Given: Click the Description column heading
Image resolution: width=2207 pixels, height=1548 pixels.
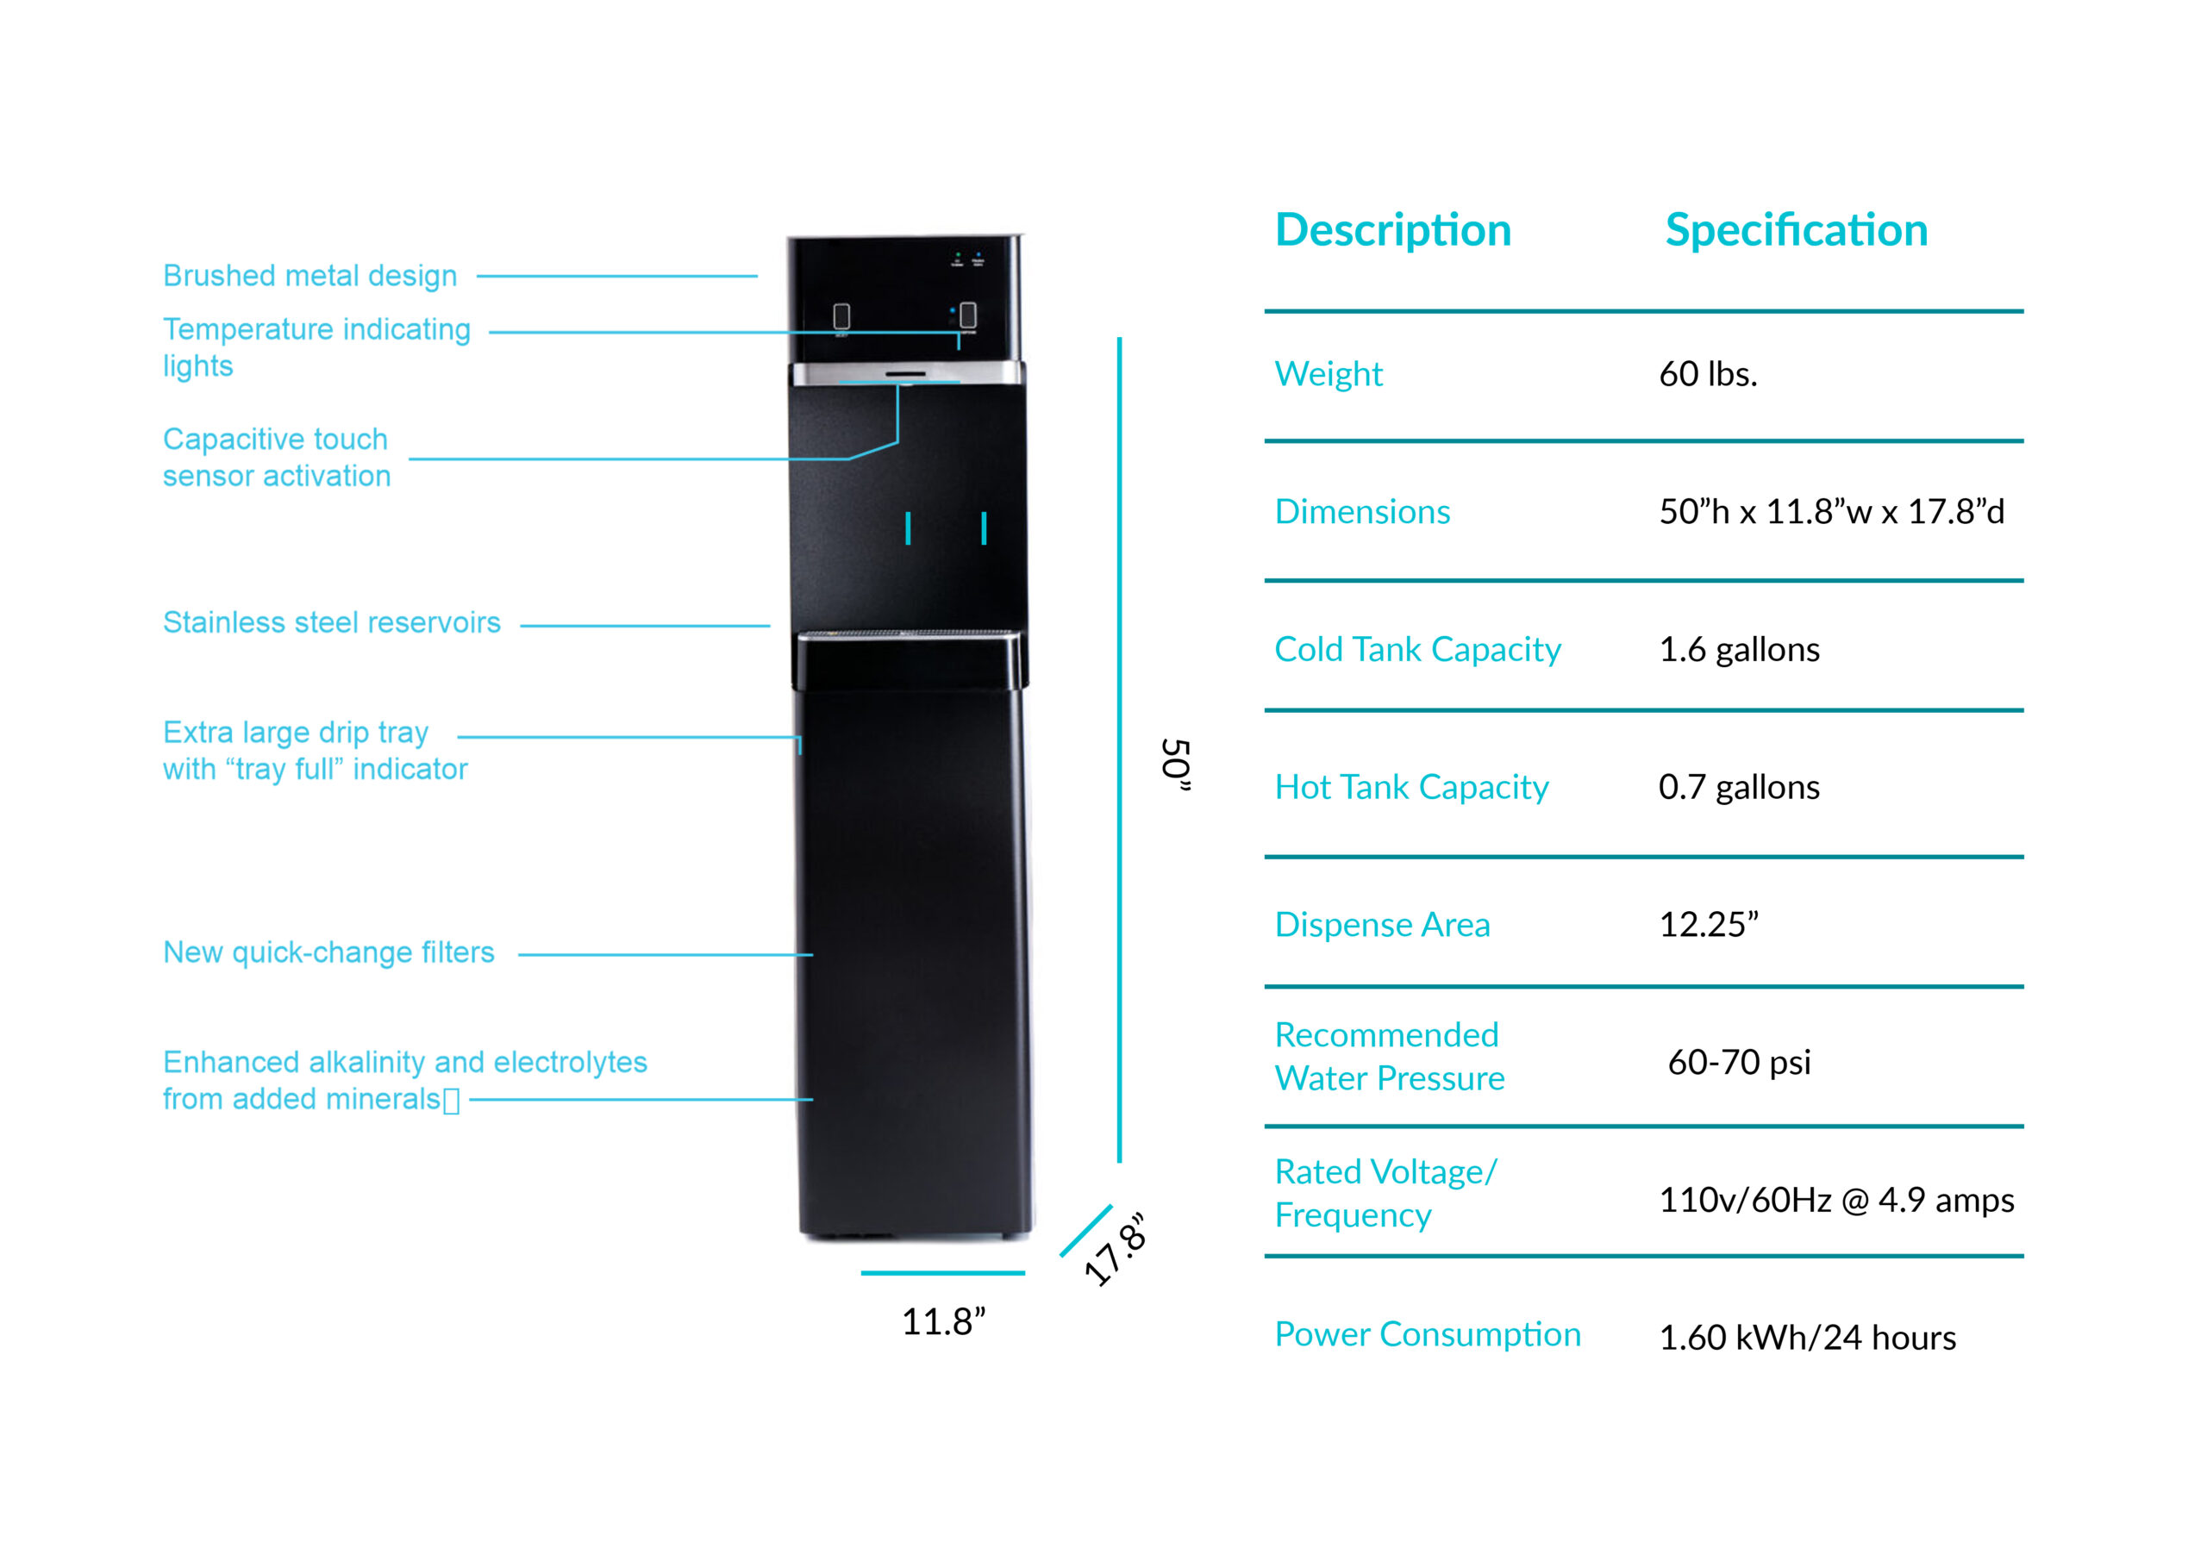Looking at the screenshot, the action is click(1393, 231).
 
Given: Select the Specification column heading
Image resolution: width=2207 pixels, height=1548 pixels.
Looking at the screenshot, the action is click(1796, 231).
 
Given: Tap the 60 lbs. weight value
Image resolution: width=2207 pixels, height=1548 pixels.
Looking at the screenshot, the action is click(1707, 374).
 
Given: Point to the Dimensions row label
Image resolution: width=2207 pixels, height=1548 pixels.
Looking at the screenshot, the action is click(1362, 511).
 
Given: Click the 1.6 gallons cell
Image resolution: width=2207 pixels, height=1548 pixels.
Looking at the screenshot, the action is click(1739, 650).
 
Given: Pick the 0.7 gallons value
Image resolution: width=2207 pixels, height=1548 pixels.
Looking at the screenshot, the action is click(1739, 787).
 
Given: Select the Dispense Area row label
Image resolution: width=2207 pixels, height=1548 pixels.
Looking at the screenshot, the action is click(1382, 924).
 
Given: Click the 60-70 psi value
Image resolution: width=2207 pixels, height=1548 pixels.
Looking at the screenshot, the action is click(1739, 1062).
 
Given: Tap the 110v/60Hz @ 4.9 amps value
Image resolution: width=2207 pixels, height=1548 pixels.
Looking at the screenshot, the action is click(1836, 1199).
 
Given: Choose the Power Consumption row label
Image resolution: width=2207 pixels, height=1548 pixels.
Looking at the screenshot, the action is click(1428, 1335).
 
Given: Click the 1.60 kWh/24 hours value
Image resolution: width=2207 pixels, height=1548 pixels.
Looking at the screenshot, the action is click(1807, 1338).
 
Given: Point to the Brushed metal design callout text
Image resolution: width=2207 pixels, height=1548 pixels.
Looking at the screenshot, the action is click(309, 276).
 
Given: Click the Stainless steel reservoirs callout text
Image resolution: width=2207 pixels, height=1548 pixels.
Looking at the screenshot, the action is click(332, 622).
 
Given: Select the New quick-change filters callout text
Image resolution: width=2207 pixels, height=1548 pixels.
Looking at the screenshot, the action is click(328, 952).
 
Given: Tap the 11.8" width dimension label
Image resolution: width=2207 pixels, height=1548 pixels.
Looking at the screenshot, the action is click(943, 1321).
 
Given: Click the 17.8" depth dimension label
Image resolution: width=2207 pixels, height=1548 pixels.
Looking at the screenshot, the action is click(1115, 1249).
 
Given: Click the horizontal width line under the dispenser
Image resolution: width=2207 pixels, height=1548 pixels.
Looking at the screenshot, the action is click(943, 1273).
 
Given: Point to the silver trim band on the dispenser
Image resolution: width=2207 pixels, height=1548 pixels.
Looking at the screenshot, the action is click(906, 373).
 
